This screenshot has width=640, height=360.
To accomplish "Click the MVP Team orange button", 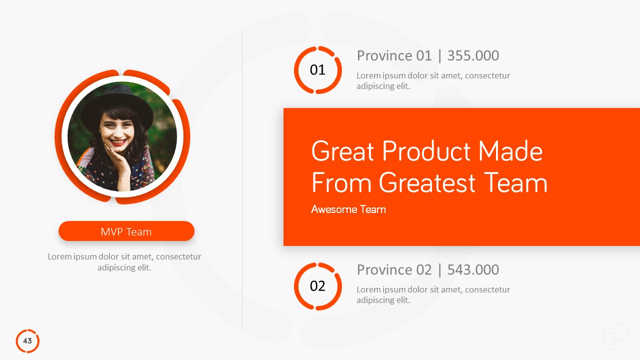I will pos(126,231).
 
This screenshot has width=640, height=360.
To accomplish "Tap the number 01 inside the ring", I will pos(317,70).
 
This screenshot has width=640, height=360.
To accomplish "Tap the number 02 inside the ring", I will pos(317,286).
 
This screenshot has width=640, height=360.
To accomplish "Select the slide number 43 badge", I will pos(27,341).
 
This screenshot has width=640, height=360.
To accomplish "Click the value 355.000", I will pos(473,55).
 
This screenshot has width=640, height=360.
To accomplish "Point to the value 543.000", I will pos(473,269).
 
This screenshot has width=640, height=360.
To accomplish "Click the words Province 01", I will pos(394,55).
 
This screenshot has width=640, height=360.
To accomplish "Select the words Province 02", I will pos(394,269).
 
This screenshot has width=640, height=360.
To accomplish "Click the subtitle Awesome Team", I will pos(348,209).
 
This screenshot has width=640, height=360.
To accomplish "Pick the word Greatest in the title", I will pos(427,182).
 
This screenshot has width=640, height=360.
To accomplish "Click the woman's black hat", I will pos(118,100).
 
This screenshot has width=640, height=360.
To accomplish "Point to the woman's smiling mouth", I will pos(118,142).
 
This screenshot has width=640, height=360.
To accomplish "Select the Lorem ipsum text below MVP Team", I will pos(124,262).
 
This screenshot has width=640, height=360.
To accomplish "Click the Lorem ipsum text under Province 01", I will pos(433,81).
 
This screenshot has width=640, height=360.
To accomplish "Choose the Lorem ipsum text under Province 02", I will pos(433,295).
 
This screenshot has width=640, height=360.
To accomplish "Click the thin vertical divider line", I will pos(242,180).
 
